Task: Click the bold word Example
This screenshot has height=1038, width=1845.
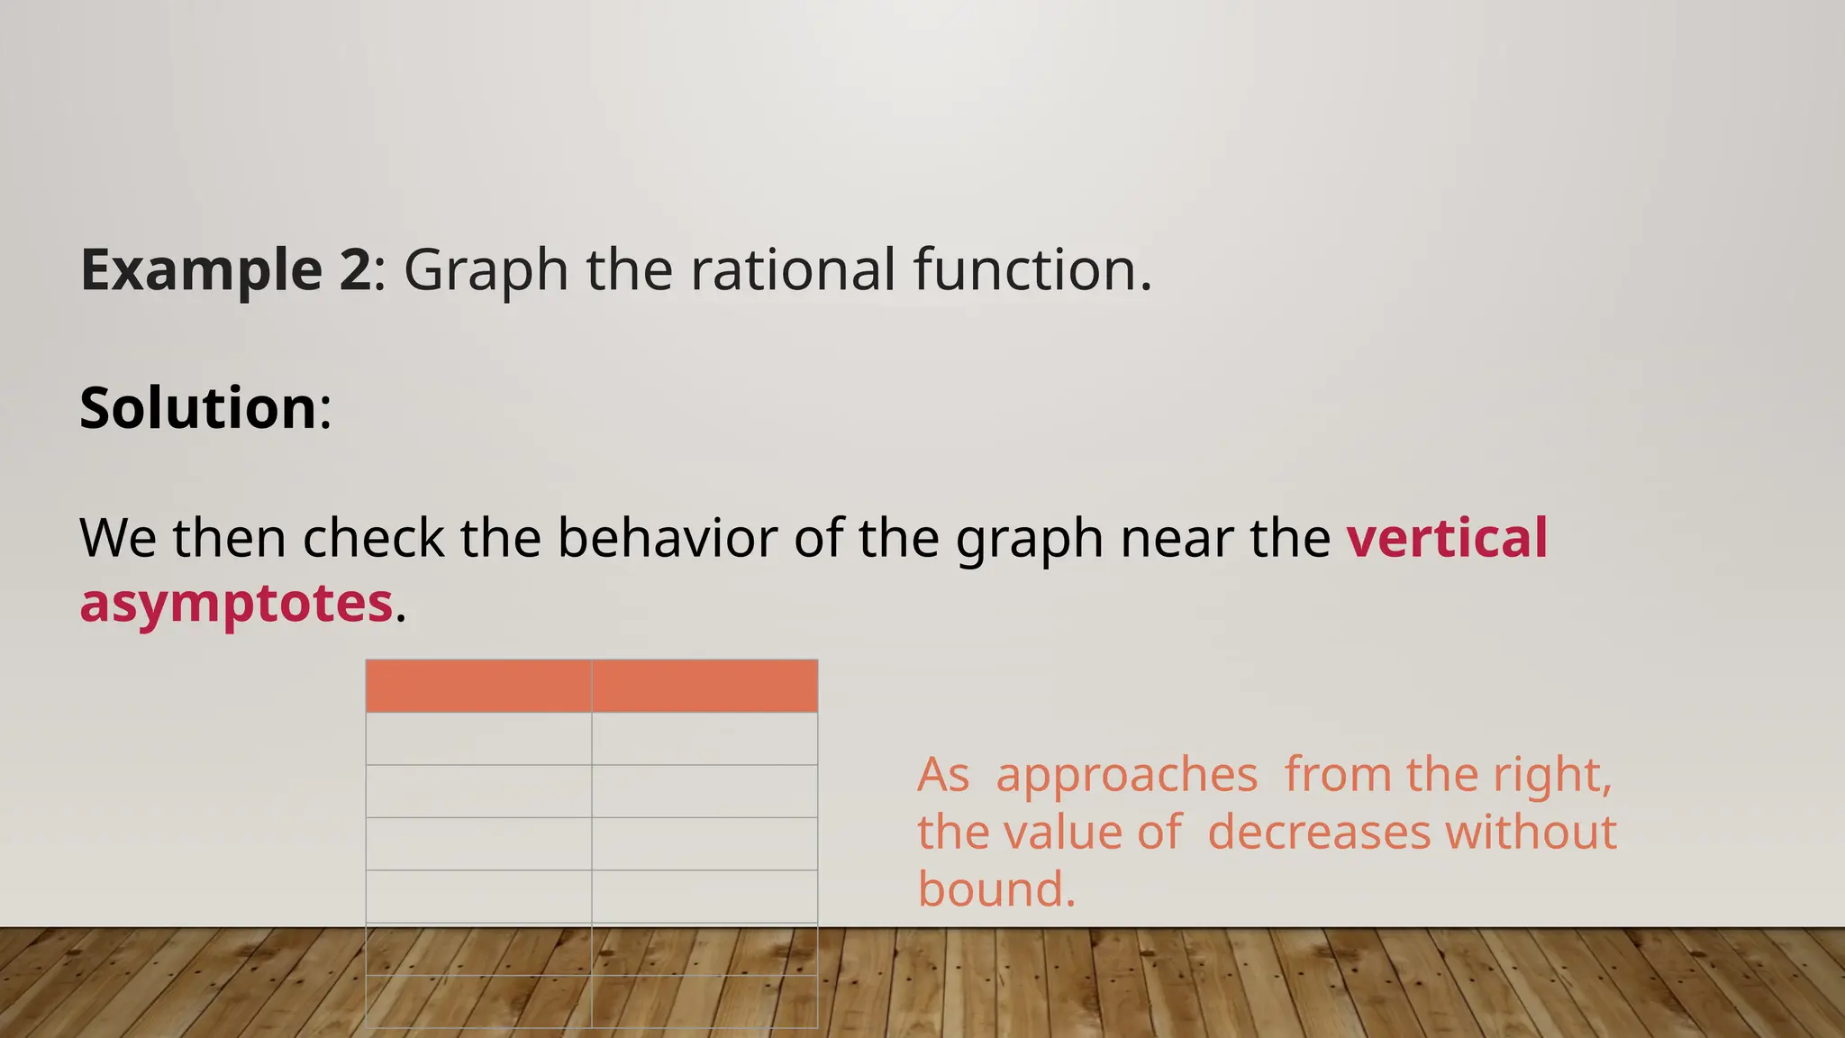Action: (201, 270)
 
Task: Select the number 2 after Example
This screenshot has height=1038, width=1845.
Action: (355, 270)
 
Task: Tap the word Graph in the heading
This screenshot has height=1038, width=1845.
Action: (486, 270)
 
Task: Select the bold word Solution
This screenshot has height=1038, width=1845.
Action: (198, 408)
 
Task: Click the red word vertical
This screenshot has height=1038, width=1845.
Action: (1447, 539)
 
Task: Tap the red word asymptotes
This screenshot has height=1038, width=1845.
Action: (236, 603)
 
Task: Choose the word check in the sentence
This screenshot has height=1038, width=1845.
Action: (373, 539)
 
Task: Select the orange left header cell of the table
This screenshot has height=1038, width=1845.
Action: (478, 686)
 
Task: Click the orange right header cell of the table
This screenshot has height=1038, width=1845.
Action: (704, 686)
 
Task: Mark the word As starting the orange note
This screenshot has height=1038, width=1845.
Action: (943, 775)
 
